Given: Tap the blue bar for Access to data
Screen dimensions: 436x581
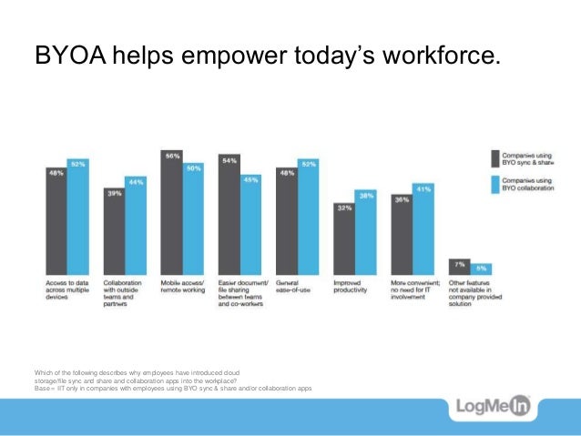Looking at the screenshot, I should pyautogui.click(x=78, y=218).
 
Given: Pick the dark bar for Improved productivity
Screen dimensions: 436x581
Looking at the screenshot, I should pyautogui.click(x=343, y=240).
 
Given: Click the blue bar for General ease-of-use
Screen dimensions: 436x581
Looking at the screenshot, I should pyautogui.click(x=308, y=218).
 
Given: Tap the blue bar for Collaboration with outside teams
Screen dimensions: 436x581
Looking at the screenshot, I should pyautogui.click(x=136, y=227).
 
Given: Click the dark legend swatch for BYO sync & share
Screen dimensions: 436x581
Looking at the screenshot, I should pyautogui.click(x=495, y=158).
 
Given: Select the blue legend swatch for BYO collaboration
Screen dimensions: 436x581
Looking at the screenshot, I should pyautogui.click(x=495, y=185).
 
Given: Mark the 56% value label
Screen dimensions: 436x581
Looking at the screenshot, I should pyautogui.click(x=171, y=156).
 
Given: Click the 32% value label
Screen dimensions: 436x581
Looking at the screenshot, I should pyautogui.click(x=343, y=208).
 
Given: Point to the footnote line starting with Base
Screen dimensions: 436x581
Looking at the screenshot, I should pyautogui.click(x=173, y=388).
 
